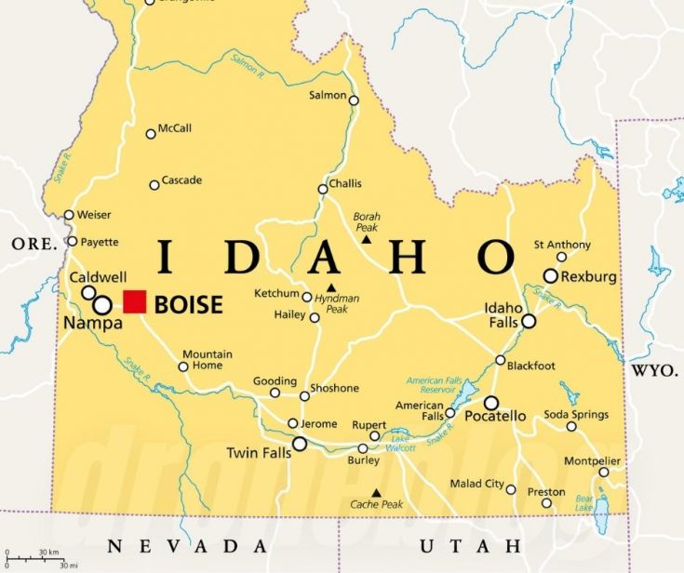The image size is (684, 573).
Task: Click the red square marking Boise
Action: (x=135, y=302)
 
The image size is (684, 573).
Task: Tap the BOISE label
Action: (x=188, y=304)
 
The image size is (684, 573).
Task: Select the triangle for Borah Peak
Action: (x=366, y=239)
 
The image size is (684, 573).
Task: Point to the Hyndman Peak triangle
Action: (x=330, y=286)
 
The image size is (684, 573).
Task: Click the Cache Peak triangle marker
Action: (x=376, y=493)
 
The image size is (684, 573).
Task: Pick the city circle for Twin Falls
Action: (x=300, y=445)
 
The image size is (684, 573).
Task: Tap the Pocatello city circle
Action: (x=490, y=403)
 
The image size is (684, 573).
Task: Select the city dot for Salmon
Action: (x=354, y=98)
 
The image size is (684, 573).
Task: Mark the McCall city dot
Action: (x=151, y=134)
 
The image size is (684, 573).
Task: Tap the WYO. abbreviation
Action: (x=655, y=370)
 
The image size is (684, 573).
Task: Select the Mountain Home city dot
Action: (x=183, y=366)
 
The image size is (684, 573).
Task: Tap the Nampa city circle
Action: (x=102, y=305)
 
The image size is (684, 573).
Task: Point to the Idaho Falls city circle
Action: (x=529, y=321)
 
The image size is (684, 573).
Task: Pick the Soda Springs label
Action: (x=576, y=414)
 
